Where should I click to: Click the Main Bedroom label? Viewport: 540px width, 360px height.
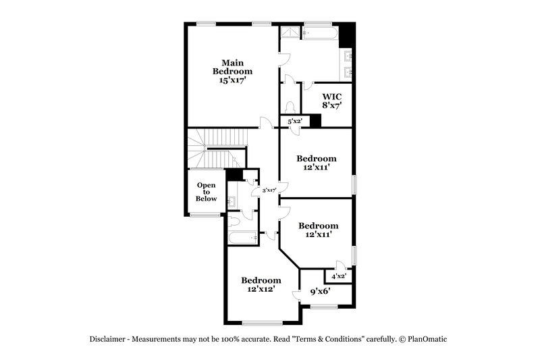point(232,66)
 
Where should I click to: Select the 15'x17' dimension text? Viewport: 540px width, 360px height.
point(232,80)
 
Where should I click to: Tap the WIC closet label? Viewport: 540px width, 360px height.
point(332,96)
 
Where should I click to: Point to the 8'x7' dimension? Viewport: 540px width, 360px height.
point(332,105)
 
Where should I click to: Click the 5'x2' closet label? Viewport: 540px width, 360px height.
point(294,122)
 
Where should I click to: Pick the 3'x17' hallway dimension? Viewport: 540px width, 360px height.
point(269,190)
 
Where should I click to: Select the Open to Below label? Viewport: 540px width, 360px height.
point(207,192)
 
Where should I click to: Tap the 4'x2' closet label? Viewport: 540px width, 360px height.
point(338,276)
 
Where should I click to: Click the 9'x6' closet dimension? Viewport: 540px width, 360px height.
point(319,292)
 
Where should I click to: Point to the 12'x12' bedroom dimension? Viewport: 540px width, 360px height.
point(261,289)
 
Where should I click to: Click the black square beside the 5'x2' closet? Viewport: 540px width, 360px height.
point(315,121)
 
